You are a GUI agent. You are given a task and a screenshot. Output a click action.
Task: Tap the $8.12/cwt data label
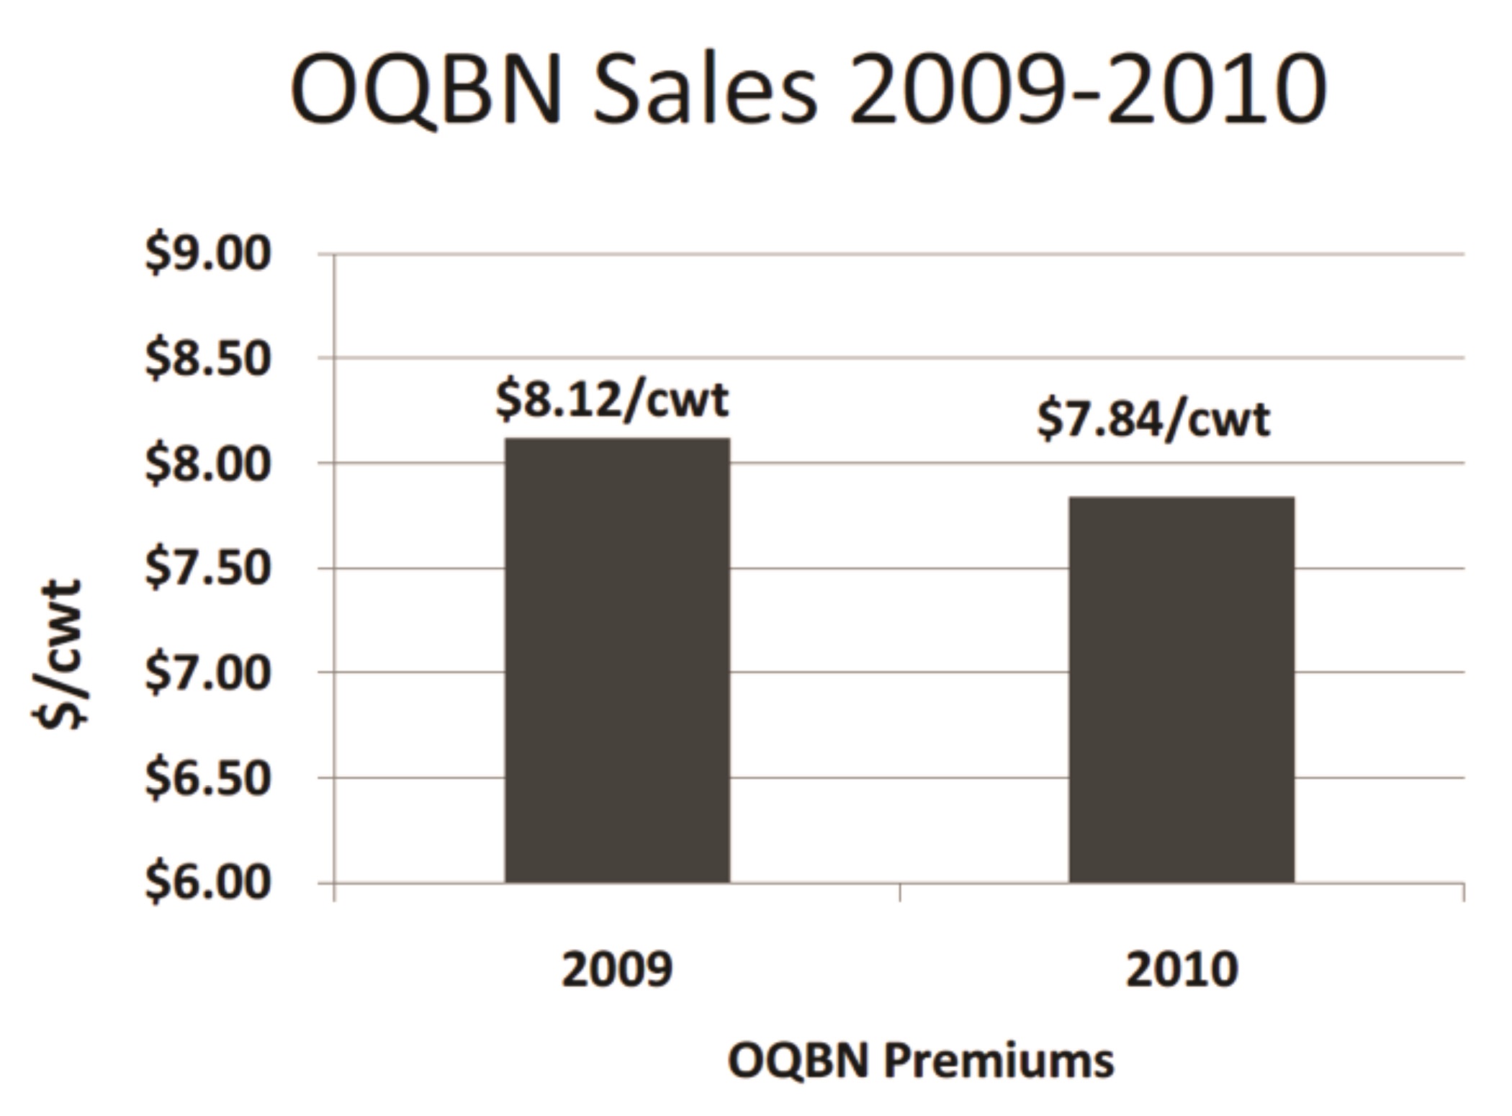pos(612,400)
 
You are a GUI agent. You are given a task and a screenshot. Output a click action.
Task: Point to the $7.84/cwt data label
pos(1153,420)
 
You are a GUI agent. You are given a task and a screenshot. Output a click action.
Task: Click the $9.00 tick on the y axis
pos(208,254)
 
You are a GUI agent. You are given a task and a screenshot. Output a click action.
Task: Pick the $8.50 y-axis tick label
pos(208,359)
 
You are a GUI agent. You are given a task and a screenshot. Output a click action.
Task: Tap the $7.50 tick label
pos(208,569)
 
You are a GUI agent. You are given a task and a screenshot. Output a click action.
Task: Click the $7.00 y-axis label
pos(208,674)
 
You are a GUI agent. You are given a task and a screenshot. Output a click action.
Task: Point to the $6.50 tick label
pos(208,778)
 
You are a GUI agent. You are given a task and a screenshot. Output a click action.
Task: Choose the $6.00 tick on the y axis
pos(208,883)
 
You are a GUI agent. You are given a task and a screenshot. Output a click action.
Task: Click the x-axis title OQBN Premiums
pos(921,1061)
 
